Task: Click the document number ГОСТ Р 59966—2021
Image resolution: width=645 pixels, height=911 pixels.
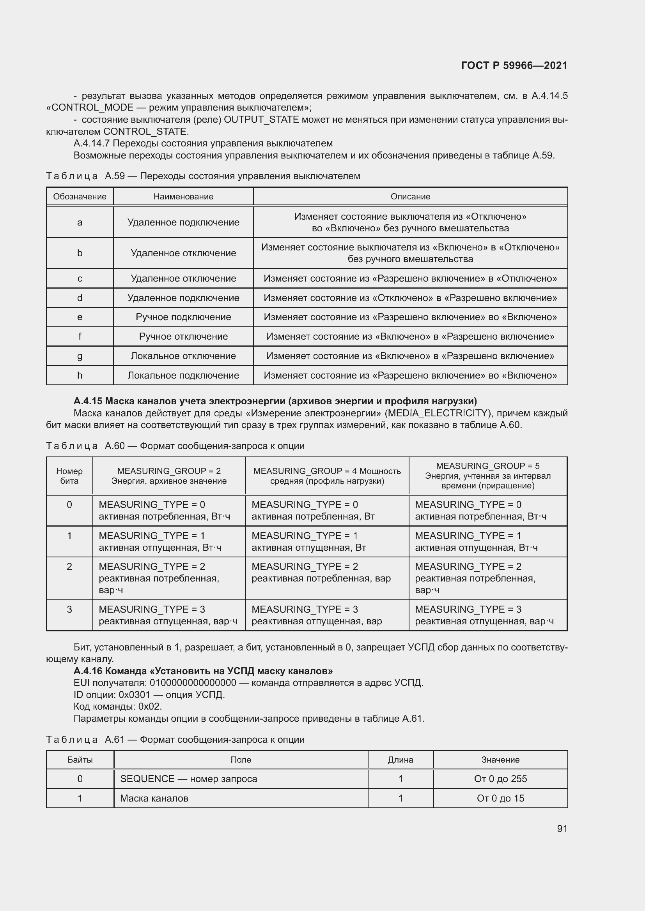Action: coord(514,65)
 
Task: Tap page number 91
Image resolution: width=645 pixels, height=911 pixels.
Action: coord(562,828)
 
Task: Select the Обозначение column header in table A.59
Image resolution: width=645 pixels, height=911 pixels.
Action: coord(80,196)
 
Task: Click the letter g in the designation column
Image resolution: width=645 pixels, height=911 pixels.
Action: coord(80,356)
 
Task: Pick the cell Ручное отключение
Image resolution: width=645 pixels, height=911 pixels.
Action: coord(183,337)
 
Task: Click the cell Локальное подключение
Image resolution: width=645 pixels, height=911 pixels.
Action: coord(183,375)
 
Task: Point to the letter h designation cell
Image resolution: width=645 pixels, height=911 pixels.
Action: coord(80,375)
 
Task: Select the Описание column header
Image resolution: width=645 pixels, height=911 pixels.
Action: coord(410,196)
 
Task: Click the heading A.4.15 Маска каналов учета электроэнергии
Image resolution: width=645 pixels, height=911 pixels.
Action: coord(275,401)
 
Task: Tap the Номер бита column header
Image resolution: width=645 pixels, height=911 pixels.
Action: coord(69,476)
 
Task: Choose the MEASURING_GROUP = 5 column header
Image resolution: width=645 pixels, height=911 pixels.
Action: coord(487,476)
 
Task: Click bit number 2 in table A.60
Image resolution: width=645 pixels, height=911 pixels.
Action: coord(69,567)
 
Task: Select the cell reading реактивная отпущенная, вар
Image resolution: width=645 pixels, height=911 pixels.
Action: coord(317,621)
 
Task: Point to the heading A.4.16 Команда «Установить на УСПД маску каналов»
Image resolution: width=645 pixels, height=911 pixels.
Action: coord(203,671)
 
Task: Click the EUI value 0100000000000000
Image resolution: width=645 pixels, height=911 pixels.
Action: coord(193,683)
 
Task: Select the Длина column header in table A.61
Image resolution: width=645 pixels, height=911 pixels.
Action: coord(400,760)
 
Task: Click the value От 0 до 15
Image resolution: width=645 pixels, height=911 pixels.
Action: coord(500,798)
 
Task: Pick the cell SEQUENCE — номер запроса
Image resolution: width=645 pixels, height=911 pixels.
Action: coord(188,779)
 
